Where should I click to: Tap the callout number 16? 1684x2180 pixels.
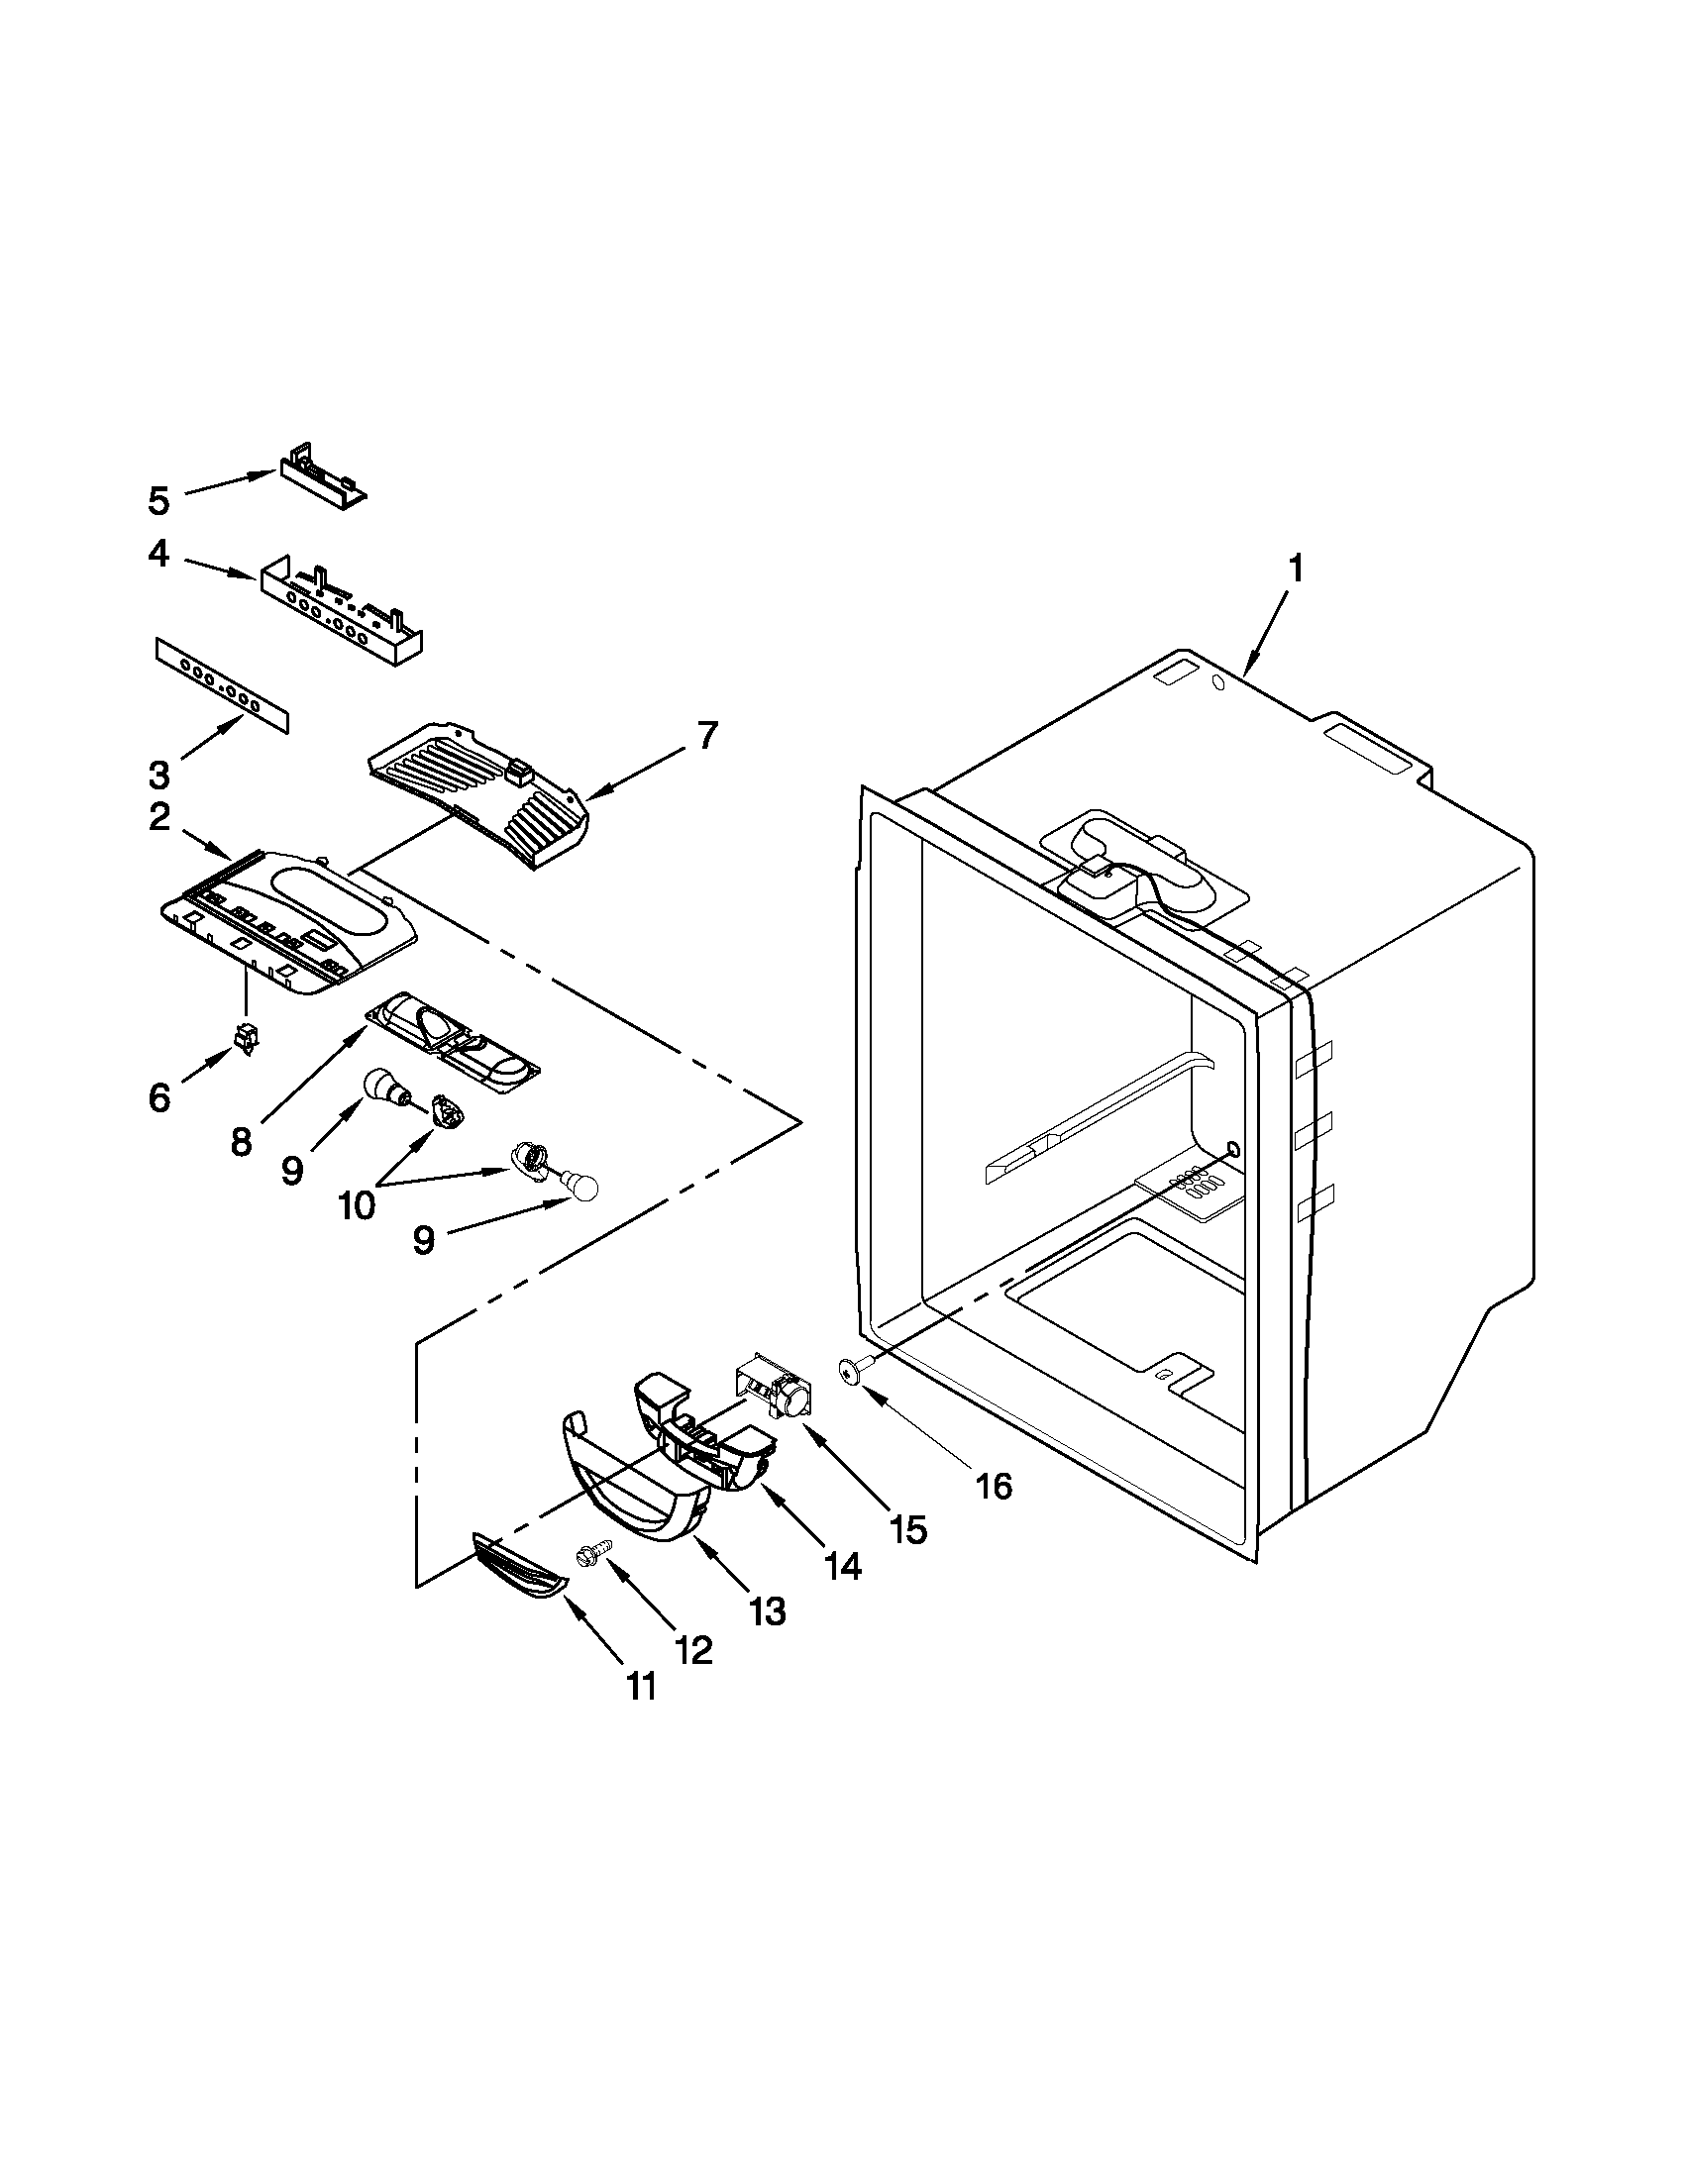coord(994,1513)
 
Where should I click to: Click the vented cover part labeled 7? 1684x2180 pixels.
coord(479,794)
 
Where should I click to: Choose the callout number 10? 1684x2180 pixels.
coord(357,1203)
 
